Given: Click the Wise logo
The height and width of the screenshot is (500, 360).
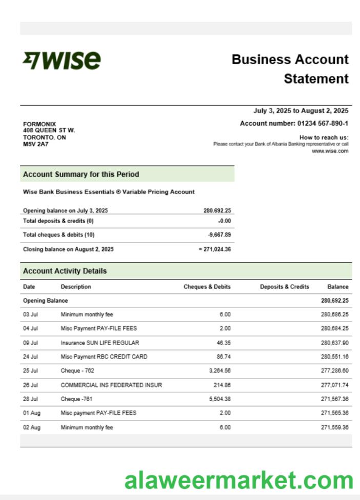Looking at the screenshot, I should click(62, 61).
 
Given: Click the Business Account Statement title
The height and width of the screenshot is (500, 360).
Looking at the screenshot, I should click(290, 69).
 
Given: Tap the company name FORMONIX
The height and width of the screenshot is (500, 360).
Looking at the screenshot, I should click(39, 124).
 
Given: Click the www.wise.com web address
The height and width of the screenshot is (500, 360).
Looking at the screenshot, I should click(330, 151).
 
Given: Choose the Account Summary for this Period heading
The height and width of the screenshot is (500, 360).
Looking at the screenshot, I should click(81, 174).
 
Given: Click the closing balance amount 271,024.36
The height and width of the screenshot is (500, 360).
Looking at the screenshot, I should click(217, 249).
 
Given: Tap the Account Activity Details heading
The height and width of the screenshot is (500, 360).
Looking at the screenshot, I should click(65, 271).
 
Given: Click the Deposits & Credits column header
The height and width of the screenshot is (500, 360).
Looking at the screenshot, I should click(285, 287).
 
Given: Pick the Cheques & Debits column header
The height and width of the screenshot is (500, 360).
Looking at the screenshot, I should click(207, 287).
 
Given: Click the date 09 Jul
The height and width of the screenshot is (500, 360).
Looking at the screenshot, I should click(31, 343).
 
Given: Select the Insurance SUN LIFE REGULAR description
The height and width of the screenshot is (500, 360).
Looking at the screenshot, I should click(100, 343).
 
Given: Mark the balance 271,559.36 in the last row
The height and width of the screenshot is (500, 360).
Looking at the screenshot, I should click(334, 427).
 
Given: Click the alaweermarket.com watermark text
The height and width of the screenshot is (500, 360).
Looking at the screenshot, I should click(239, 481).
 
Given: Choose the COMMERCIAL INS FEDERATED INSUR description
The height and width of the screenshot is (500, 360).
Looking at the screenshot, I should click(111, 385).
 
